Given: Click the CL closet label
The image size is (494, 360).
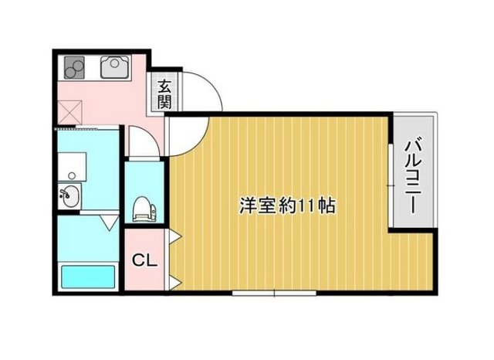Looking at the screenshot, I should pos(144,261).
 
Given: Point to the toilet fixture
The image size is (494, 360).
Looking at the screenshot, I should pos(143,208).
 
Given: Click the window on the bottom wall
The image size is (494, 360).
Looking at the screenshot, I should pos(274,293).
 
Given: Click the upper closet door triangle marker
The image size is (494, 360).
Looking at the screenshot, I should pos(174,235).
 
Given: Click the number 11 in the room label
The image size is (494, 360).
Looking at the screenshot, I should pos(307,206).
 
